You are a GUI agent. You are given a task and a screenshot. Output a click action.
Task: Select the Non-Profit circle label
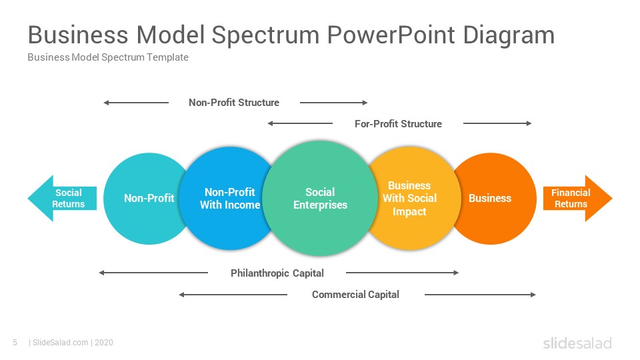coord(149,199)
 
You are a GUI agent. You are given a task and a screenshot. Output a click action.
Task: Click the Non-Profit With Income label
coord(230,199)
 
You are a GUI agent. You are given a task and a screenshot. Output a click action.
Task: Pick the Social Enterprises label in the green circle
coord(320,199)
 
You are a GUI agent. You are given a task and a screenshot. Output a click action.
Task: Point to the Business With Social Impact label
coord(409,199)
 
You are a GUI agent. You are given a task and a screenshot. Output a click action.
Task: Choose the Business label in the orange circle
coord(490,199)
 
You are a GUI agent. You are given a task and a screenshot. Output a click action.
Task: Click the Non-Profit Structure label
coord(234,103)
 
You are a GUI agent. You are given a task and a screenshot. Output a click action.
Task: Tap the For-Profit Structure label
coord(398,124)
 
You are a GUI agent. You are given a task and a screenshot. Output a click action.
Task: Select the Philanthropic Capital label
coord(277,273)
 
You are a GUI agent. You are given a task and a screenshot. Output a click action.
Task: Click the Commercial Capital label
coord(355,294)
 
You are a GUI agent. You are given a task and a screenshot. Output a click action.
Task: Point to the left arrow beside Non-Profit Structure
coord(136,103)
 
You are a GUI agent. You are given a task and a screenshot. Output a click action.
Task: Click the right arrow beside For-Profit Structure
coord(497,123)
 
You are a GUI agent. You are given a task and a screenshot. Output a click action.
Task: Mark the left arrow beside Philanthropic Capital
coord(153,273)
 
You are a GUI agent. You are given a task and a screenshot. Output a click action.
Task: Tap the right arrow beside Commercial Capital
coord(480,294)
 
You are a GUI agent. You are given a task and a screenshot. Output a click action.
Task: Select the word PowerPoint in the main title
coord(391,35)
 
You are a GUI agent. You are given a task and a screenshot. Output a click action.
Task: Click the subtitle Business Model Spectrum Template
coord(108,57)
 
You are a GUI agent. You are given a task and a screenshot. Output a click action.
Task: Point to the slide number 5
coord(15,343)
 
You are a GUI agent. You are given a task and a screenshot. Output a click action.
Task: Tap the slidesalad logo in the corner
coord(577,343)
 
